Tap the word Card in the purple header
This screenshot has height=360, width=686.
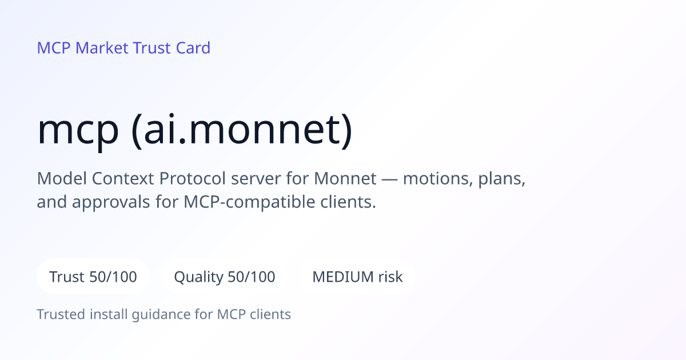(193, 48)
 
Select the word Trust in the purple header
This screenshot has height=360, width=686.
(152, 48)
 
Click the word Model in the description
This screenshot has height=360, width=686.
(62, 178)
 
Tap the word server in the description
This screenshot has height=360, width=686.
(256, 179)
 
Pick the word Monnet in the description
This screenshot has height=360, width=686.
(345, 178)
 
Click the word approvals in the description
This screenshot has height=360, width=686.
(111, 203)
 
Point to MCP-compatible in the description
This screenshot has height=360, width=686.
(249, 203)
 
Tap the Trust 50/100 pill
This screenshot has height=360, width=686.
(93, 277)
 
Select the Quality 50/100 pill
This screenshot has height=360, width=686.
(225, 277)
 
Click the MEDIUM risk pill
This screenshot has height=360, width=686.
(357, 277)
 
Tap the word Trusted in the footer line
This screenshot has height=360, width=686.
(61, 314)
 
